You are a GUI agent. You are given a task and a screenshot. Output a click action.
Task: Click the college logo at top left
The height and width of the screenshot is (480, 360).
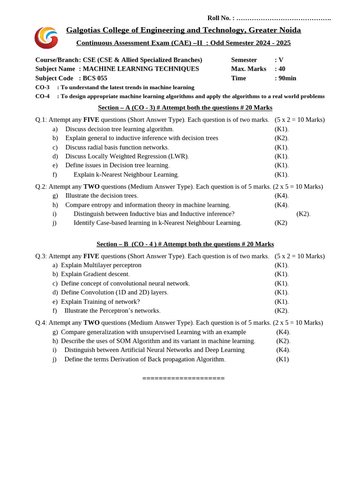[x=46, y=37]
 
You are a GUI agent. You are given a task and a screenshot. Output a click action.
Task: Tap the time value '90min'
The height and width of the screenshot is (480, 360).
[x=287, y=78]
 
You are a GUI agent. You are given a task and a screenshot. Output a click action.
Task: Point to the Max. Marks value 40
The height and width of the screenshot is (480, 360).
[x=282, y=69]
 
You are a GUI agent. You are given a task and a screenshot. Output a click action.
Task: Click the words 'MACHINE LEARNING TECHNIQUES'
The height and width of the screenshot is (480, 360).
[x=141, y=69]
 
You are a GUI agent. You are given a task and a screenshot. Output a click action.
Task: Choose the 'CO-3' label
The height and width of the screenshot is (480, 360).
[x=42, y=87]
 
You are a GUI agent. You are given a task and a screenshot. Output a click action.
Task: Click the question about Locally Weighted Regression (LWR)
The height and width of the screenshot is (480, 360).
[x=127, y=156]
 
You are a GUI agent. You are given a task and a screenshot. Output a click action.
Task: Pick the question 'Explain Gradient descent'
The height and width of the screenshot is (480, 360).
[x=95, y=274]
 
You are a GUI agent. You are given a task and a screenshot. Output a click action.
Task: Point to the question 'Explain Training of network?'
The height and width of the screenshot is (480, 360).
[x=100, y=301]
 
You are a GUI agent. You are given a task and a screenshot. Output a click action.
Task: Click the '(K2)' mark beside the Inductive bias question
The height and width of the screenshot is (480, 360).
[x=303, y=214]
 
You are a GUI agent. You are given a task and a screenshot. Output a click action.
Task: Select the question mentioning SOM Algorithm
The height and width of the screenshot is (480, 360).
[x=158, y=341]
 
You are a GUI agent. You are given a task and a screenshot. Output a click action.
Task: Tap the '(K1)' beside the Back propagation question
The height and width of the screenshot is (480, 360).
[x=283, y=359]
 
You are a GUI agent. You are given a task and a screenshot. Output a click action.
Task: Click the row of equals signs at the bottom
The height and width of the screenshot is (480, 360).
[x=183, y=378]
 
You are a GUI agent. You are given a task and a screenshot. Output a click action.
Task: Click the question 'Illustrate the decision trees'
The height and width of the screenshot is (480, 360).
[x=102, y=195]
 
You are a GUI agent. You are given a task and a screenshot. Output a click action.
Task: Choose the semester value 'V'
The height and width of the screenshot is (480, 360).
[x=281, y=60]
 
